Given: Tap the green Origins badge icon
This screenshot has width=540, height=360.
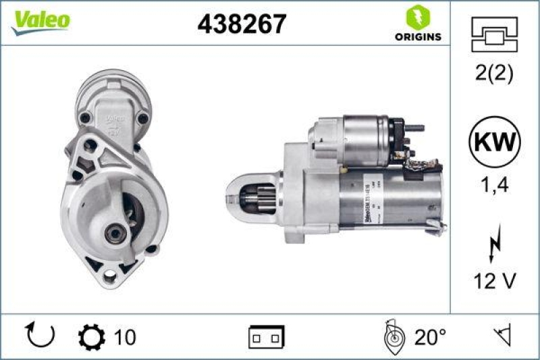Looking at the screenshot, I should (x=418, y=18).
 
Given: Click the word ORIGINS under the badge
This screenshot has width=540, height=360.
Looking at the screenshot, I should (x=418, y=36).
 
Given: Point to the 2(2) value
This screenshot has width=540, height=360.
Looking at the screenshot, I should (x=495, y=73).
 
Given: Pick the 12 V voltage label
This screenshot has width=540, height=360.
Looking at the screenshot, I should (x=495, y=282).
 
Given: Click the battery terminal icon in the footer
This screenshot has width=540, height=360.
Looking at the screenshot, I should (x=266, y=336).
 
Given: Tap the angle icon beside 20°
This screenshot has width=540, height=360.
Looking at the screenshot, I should (x=394, y=336).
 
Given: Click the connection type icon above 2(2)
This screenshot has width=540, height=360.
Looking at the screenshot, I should (x=495, y=33).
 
